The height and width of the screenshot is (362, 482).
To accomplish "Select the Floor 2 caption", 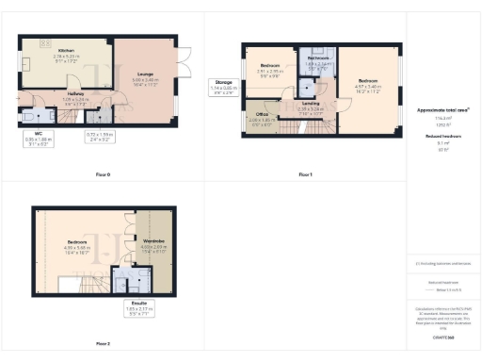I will pyautogui.click(x=102, y=343).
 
